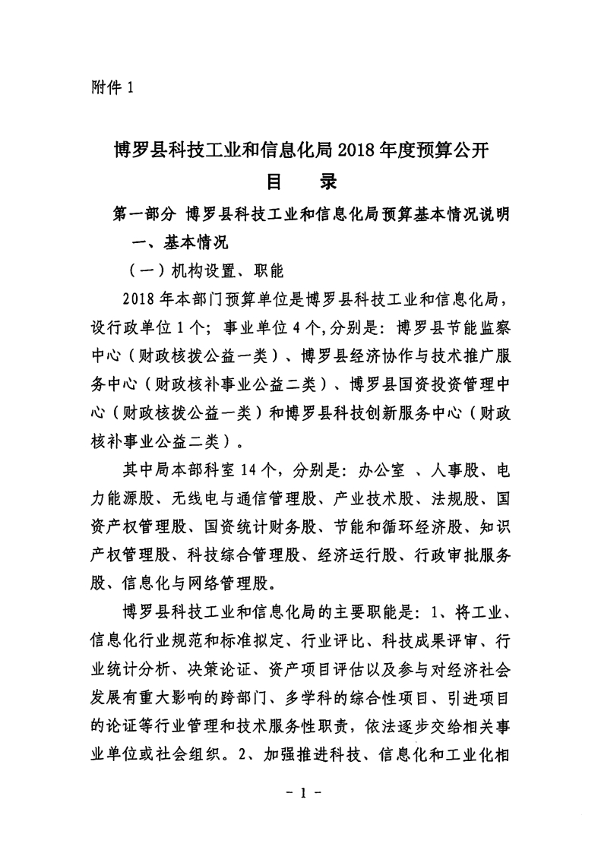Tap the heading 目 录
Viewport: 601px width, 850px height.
(300, 182)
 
